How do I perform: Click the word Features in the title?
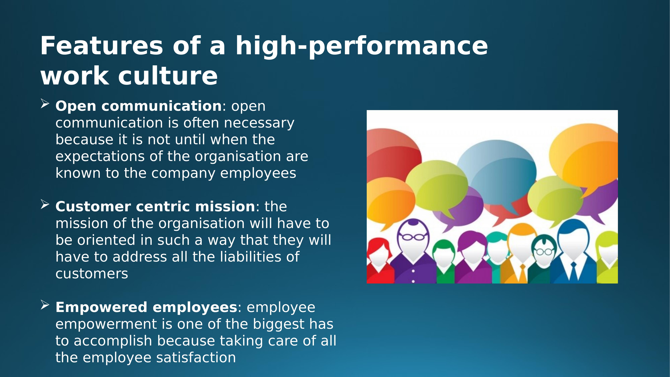(x=101, y=46)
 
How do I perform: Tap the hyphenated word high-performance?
(x=362, y=46)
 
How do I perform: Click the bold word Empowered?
(x=101, y=307)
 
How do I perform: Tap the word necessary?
(x=259, y=123)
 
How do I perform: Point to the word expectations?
(x=100, y=157)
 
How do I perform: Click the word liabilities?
(x=250, y=257)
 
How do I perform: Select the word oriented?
(x=106, y=240)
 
